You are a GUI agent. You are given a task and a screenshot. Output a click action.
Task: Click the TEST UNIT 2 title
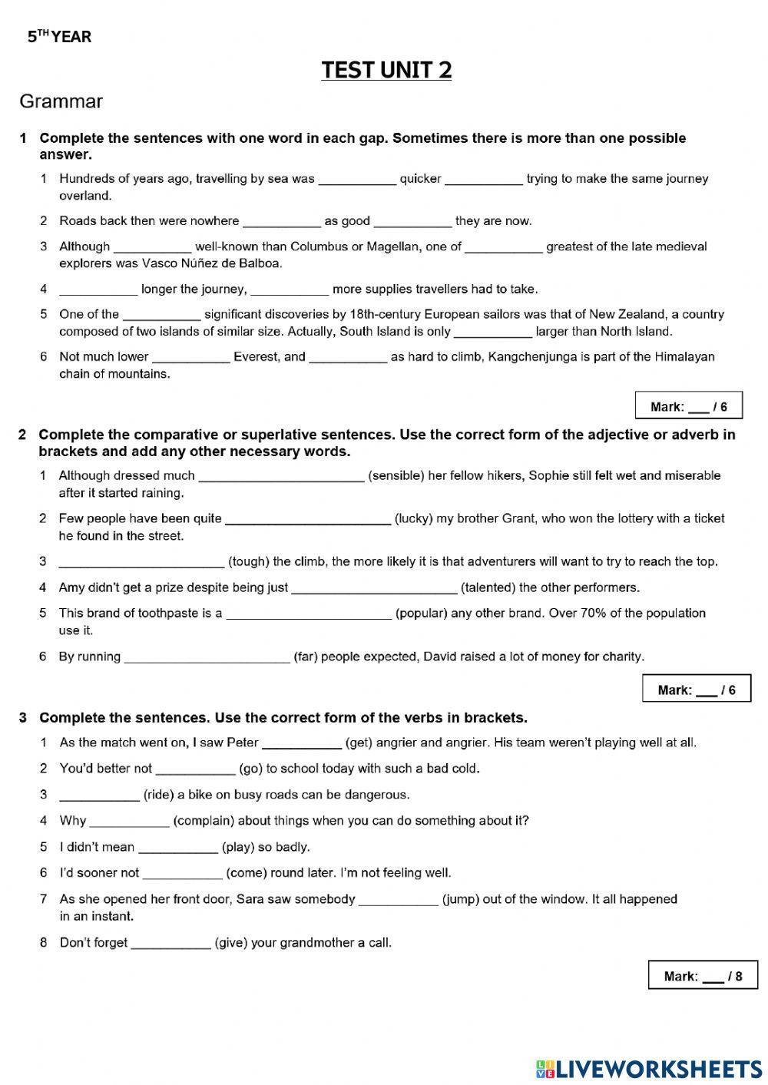click(x=386, y=70)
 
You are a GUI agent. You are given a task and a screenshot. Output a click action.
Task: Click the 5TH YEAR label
click(x=59, y=36)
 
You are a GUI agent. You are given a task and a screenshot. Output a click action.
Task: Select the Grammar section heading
click(x=61, y=101)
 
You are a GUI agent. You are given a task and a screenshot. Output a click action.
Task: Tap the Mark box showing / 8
click(x=702, y=976)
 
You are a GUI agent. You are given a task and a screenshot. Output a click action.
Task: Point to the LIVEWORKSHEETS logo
click(x=649, y=1068)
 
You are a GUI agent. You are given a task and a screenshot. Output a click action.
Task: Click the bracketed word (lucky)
click(x=414, y=518)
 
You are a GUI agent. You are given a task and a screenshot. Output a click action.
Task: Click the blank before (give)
click(x=170, y=944)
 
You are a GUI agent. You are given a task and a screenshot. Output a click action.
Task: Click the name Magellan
click(x=394, y=246)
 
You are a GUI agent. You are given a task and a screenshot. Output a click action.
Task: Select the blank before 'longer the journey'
click(x=98, y=290)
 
